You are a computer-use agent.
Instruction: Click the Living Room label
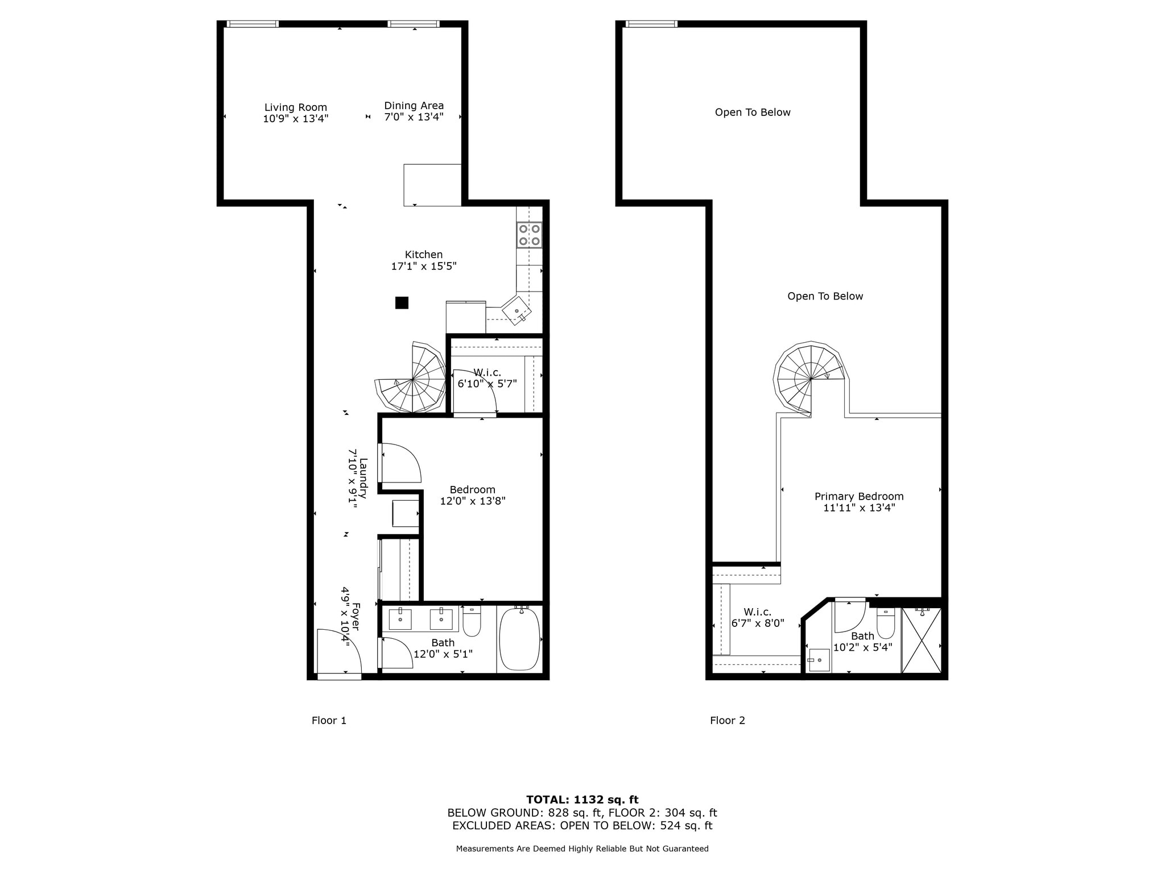(295, 107)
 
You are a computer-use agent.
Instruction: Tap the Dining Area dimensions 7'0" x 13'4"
(414, 117)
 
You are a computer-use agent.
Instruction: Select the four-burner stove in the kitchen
(529, 235)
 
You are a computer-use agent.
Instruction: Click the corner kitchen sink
(517, 310)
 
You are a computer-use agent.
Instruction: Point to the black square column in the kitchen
(402, 303)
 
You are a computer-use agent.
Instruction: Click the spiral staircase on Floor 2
(810, 377)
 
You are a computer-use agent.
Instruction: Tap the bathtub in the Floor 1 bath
(519, 639)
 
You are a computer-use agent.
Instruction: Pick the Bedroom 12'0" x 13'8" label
(472, 495)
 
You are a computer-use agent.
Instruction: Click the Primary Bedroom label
(859, 496)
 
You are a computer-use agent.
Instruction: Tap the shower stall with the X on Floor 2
(922, 641)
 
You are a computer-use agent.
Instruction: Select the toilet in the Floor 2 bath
(886, 623)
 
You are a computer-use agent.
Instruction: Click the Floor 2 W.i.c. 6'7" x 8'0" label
(757, 617)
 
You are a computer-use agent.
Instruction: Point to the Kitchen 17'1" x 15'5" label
(424, 260)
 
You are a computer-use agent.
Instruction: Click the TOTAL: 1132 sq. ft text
(582, 800)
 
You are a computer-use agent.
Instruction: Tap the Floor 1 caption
(329, 721)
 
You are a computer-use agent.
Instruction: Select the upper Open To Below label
(752, 113)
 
